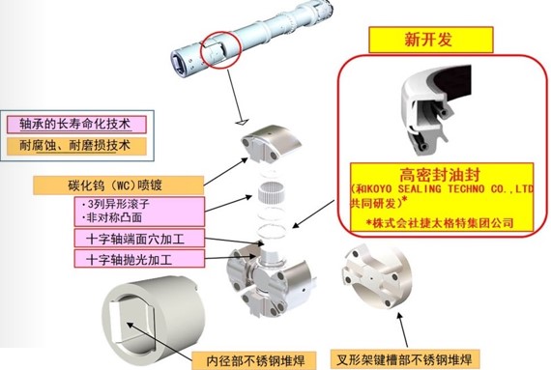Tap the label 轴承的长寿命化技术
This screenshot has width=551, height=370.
pos(75,125)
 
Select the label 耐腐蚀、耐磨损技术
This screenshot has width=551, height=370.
pos(75,147)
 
